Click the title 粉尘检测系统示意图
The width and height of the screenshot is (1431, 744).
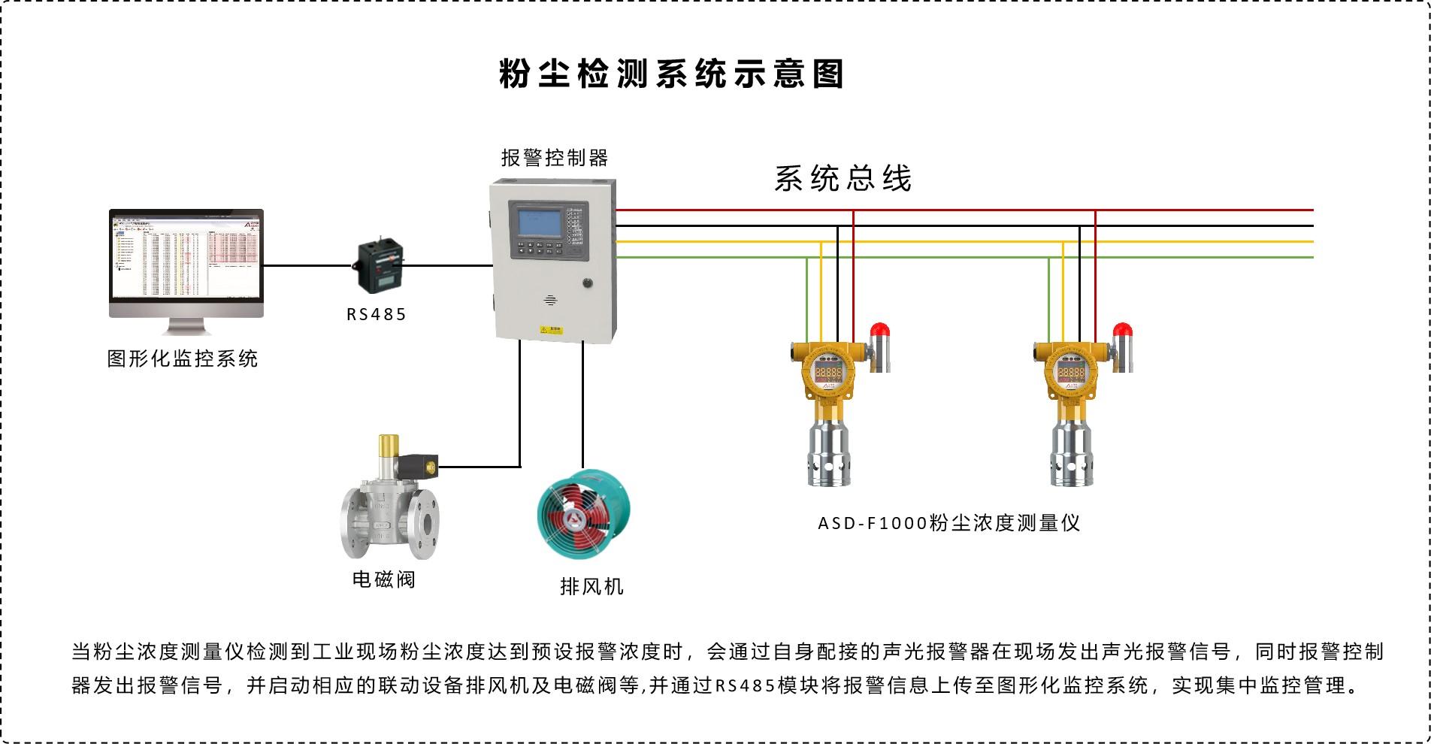[671, 74]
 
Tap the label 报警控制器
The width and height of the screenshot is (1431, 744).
[555, 158]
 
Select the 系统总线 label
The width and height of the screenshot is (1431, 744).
[843, 179]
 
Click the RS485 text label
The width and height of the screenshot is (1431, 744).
[377, 315]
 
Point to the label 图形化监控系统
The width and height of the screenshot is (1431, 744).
[183, 358]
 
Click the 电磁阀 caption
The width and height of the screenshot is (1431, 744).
[384, 579]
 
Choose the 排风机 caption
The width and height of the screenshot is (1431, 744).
[591, 586]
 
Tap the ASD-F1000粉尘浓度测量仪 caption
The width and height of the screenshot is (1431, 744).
[948, 523]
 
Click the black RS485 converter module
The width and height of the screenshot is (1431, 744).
[378, 266]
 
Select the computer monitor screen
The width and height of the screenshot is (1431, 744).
[186, 256]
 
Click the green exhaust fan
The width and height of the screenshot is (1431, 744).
[583, 515]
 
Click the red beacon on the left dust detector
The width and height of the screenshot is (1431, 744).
[879, 331]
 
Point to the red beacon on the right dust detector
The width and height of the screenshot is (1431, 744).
[1121, 331]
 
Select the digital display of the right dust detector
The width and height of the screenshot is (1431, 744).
[1071, 373]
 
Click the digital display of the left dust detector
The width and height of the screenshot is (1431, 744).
[829, 373]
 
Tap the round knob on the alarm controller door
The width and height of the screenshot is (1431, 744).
[586, 283]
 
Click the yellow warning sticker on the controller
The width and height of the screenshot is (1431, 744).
[552, 329]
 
